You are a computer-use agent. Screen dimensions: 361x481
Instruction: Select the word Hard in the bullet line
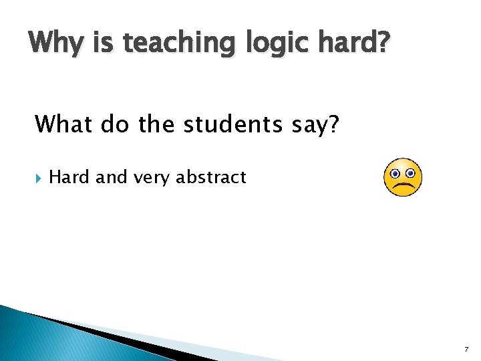[69, 177]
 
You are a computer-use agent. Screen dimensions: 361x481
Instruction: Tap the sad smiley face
[403, 177]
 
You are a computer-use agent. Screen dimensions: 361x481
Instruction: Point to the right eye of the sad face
[410, 172]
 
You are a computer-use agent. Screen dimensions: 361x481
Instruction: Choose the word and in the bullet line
[110, 177]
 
